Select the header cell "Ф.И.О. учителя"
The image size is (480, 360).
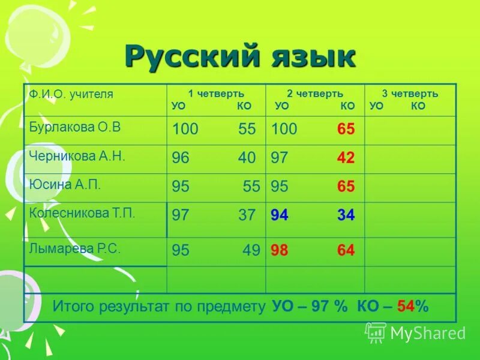(x=71, y=94)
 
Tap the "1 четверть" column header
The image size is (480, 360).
(x=216, y=94)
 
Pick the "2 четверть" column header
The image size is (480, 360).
(x=315, y=94)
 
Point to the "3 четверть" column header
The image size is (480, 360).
(x=410, y=94)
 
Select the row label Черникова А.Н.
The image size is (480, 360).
(x=76, y=155)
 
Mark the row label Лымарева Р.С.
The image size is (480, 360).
(x=74, y=248)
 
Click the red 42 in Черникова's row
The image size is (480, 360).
(x=346, y=158)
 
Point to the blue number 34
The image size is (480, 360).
(x=346, y=215)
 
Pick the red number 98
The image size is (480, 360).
(x=280, y=250)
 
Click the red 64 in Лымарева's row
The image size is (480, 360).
(x=346, y=250)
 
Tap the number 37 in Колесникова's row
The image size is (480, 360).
(x=247, y=215)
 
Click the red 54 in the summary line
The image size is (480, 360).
(x=406, y=307)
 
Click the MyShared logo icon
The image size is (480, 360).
(x=376, y=332)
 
